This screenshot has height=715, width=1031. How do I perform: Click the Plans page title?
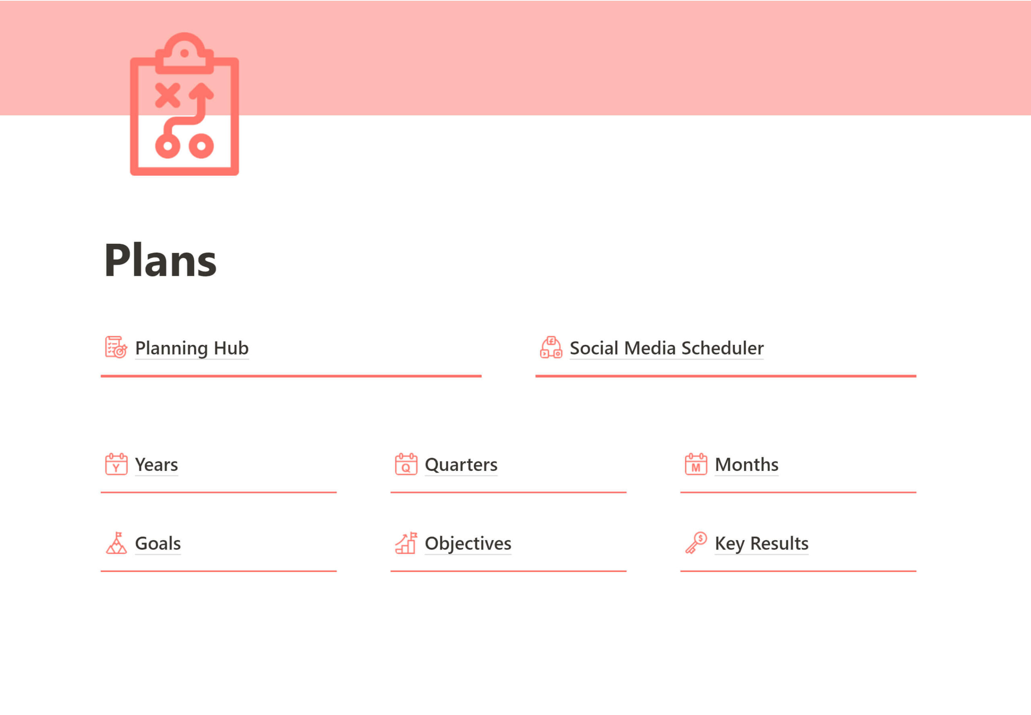[x=160, y=261]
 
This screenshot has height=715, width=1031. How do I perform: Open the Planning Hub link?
[x=192, y=348]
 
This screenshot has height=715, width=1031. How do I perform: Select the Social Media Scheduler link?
[x=667, y=348]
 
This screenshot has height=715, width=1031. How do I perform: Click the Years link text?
[x=156, y=464]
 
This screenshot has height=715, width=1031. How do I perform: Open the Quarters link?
[x=461, y=464]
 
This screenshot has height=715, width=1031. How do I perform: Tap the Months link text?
[x=746, y=464]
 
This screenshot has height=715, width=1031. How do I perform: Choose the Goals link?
[x=157, y=543]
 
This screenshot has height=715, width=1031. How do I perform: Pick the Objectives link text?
[x=468, y=543]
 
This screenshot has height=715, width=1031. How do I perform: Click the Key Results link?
[x=762, y=543]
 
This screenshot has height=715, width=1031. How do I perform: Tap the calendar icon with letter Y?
[x=116, y=464]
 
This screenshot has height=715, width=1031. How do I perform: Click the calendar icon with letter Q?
[x=406, y=464]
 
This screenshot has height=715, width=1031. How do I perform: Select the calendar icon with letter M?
[x=696, y=464]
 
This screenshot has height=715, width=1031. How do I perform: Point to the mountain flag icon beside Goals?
[x=116, y=543]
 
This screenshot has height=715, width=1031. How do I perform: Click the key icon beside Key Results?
[x=696, y=543]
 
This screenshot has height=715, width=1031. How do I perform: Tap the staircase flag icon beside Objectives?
[x=406, y=543]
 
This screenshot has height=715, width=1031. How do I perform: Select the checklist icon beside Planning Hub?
[x=116, y=347]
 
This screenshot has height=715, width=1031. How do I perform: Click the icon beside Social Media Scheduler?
[x=551, y=347]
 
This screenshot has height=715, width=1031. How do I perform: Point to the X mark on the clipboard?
[x=168, y=95]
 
